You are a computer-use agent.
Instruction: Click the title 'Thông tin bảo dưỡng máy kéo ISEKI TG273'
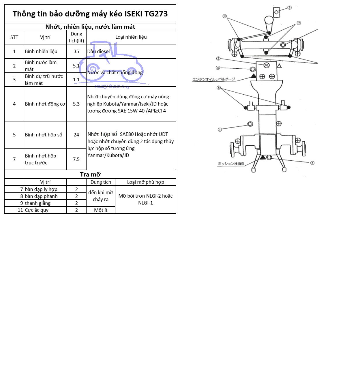click(90, 14)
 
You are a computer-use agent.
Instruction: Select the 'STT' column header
click(14, 37)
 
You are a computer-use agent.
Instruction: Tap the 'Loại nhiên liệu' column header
click(131, 37)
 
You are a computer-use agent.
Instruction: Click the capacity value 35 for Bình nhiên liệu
click(76, 51)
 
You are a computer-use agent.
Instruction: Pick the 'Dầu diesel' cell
click(99, 51)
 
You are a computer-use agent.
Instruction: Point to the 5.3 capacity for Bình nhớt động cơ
click(76, 104)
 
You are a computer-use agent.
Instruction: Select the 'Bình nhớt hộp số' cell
click(44, 135)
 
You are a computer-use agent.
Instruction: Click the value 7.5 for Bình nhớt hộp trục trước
click(76, 159)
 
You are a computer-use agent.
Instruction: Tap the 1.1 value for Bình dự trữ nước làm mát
click(76, 80)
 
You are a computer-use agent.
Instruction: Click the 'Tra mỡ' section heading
click(90, 175)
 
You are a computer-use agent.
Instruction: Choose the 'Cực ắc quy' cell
click(37, 210)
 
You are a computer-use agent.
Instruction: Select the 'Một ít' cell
click(101, 210)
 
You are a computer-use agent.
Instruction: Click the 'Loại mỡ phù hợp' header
click(145, 182)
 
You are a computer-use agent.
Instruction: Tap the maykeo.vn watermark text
click(112, 86)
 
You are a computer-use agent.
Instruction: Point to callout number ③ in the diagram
click(289, 7)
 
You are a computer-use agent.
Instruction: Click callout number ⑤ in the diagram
click(312, 163)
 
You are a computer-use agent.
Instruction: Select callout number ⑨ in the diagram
click(224, 16)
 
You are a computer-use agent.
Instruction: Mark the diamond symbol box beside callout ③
click(276, 12)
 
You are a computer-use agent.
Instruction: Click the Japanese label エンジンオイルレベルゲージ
click(213, 79)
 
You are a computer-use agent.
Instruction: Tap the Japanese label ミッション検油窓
click(231, 164)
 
